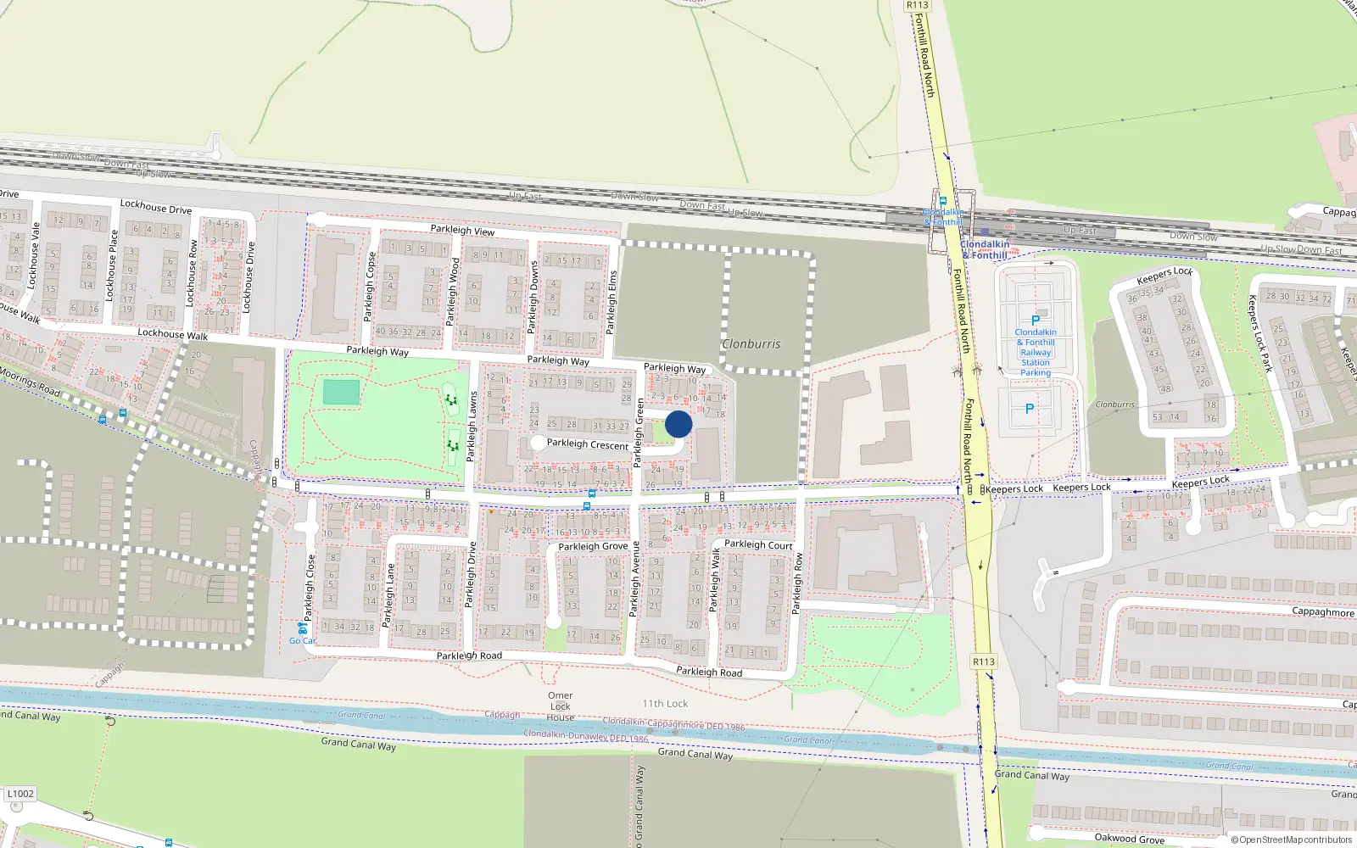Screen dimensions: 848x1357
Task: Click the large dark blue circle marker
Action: [678, 424]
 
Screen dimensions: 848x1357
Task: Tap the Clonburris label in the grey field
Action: [751, 344]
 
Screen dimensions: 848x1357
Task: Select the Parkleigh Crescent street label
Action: [588, 444]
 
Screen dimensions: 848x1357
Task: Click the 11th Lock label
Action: [665, 704]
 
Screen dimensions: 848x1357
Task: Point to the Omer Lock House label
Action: [560, 706]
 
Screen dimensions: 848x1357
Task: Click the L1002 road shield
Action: [20, 795]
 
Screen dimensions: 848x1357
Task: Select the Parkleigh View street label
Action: [462, 230]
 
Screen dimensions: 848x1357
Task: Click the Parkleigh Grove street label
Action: [593, 546]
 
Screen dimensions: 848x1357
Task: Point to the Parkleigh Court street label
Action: [758, 545]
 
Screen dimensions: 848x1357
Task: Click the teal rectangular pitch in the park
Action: [341, 393]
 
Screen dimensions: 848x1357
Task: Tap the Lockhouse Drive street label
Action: [156, 207]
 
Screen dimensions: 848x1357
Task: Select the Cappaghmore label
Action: [1323, 612]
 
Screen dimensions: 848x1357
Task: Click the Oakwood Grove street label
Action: [1129, 839]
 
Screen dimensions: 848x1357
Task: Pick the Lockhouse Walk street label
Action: [172, 335]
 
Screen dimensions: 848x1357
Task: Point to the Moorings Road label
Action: [31, 382]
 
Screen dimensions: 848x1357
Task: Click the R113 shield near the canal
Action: [983, 661]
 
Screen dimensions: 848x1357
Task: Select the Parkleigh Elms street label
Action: [612, 301]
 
